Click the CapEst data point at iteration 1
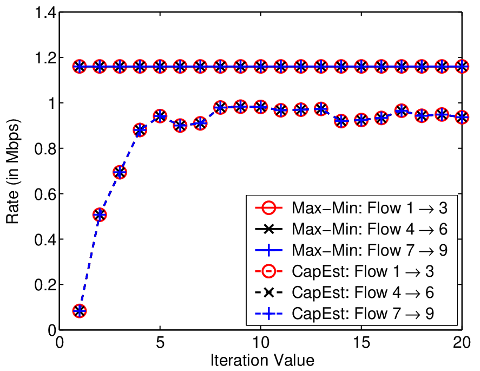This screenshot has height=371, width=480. coord(80,311)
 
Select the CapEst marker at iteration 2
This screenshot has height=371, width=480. coord(100,214)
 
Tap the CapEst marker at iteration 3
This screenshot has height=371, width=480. coord(120,172)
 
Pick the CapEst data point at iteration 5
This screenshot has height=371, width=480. coord(160,116)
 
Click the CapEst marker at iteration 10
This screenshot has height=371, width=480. coord(260,107)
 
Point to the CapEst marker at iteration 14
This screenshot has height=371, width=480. coord(341,120)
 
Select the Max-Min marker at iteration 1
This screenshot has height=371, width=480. coord(80,66)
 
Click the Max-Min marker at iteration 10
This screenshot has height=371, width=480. coord(260,66)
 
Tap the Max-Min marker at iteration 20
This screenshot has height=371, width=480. coord(462,66)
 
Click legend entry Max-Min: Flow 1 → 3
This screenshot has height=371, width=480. coord(351,208)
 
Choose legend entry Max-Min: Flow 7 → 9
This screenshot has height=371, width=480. coord(351,250)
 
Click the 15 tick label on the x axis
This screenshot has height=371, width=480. coord(361,342)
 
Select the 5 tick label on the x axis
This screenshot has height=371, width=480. coord(160,342)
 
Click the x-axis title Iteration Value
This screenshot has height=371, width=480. coord(262,360)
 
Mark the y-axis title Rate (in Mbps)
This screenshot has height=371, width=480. coord(13,172)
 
